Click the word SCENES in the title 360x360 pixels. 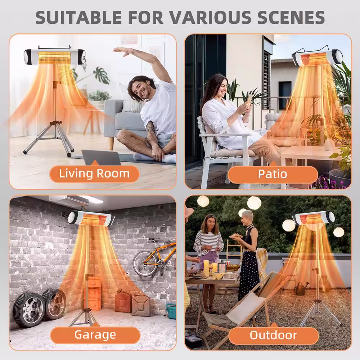[291, 17]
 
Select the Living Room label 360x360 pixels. [94, 174]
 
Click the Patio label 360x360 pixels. [273, 174]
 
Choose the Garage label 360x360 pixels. [95, 335]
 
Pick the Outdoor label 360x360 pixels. [274, 335]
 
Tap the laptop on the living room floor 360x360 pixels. [101, 158]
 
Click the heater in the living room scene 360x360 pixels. [55, 57]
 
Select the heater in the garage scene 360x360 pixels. [91, 218]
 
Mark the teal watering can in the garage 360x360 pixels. [171, 311]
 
